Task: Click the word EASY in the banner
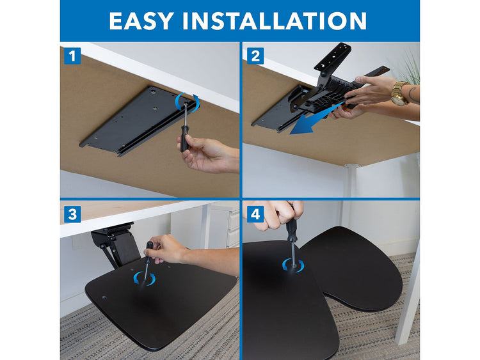[x=141, y=21]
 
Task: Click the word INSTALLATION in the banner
[x=275, y=21]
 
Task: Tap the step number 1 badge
[x=72, y=56]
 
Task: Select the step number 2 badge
[x=255, y=56]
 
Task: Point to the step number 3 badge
[x=72, y=214]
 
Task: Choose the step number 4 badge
[x=255, y=214]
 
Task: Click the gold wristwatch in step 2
[x=400, y=93]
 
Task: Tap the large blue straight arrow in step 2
[x=316, y=120]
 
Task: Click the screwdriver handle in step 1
[x=184, y=138]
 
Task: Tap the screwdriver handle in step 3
[x=148, y=251]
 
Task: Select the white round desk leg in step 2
[x=351, y=180]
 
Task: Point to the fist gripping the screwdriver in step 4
[x=278, y=214]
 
